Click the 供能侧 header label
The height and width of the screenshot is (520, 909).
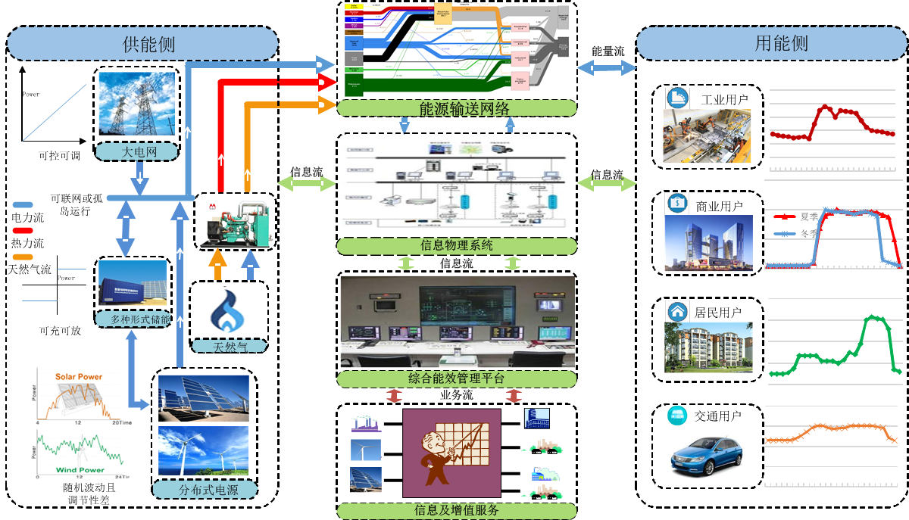148,44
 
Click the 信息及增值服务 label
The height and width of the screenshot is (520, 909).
457,509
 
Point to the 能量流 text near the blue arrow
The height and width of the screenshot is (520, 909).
608,51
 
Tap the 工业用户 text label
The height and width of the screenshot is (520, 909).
724,99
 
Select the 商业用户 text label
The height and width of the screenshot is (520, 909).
718,205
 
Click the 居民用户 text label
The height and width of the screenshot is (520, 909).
717,311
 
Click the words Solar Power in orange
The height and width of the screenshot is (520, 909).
78,376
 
